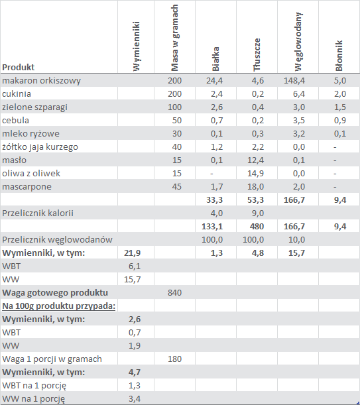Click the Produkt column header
tap(18, 67)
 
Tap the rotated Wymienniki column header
tap(136, 46)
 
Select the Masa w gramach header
tap(175, 38)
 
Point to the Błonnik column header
tap(339, 56)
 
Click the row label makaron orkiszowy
tap(41, 81)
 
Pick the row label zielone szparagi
tap(34, 107)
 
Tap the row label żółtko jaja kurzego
tap(40, 146)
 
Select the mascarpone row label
tap(27, 187)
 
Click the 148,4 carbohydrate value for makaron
tap(294, 81)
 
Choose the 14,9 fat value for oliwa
tap(256, 173)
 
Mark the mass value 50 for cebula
tap(177, 121)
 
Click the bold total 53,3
tap(256, 200)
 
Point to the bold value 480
tap(257, 227)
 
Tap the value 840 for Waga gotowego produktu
tap(175, 292)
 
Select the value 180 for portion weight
tap(175, 359)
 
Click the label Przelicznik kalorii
tap(38, 213)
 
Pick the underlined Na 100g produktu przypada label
tap(58, 306)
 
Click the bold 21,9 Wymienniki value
tap(133, 253)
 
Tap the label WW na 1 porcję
tap(33, 399)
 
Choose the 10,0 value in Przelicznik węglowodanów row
tap(296, 240)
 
